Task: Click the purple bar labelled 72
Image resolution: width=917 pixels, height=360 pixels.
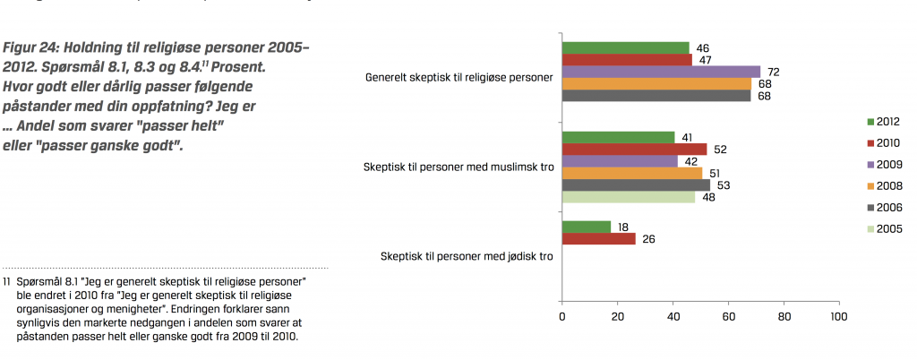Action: coord(661,72)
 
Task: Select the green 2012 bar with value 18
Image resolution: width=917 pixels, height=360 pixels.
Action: coord(587,227)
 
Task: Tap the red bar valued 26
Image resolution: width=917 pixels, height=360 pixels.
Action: coord(598,239)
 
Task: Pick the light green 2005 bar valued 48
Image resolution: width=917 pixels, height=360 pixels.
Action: coord(629,197)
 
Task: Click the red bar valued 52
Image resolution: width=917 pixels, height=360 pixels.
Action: coord(634,149)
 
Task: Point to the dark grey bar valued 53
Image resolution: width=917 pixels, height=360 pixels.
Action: coord(636,185)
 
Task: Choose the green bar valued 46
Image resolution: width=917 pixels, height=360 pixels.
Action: coord(625,47)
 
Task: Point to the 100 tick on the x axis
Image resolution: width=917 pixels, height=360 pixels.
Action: coord(839,316)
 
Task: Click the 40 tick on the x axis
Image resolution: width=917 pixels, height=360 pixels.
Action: coord(673,316)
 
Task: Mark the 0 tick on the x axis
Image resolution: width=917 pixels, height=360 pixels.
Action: coord(561,316)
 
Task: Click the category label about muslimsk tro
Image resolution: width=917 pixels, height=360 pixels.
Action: coord(458,167)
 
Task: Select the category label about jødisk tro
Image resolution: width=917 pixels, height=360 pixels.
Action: coord(466,258)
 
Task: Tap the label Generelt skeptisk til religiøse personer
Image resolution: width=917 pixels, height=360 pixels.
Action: coord(458,78)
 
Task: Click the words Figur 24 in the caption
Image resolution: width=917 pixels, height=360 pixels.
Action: coord(30,46)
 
